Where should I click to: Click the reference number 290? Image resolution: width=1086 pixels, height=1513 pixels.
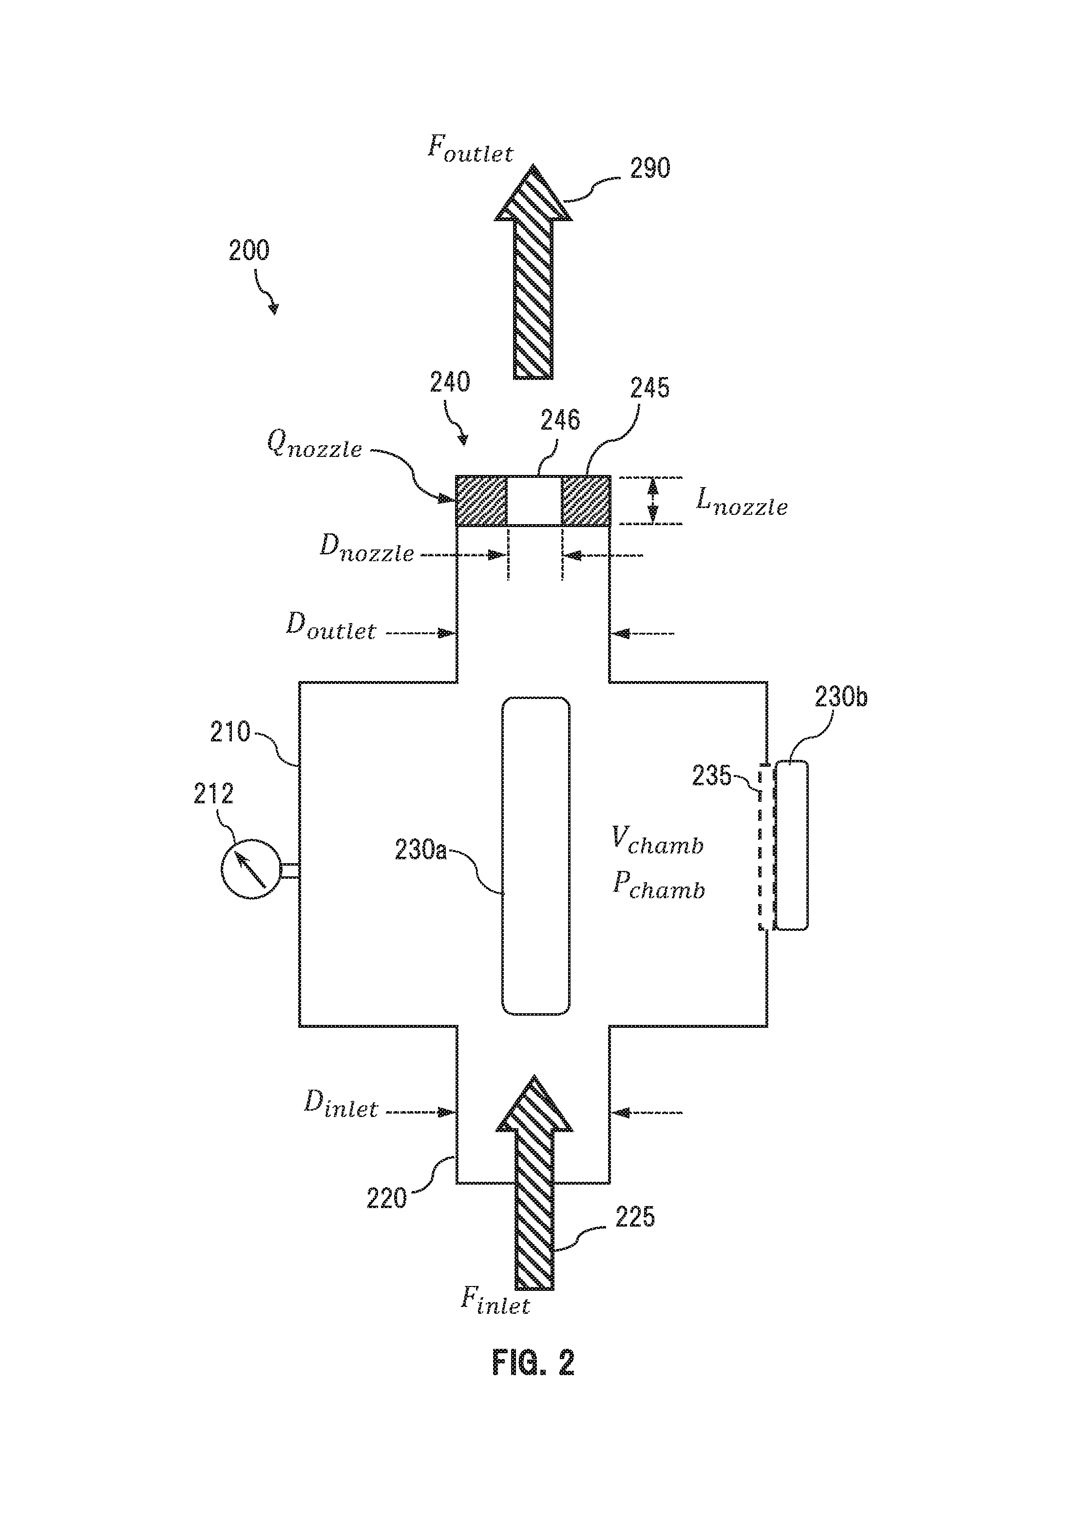click(x=650, y=168)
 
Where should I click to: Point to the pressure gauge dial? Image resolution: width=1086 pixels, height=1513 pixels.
click(x=251, y=869)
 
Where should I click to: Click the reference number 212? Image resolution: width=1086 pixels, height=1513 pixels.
click(x=213, y=794)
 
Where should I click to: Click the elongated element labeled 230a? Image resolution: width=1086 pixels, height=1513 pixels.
click(x=535, y=856)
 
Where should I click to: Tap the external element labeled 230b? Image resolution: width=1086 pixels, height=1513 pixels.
click(x=791, y=845)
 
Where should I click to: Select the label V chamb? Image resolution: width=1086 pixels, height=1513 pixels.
click(x=657, y=841)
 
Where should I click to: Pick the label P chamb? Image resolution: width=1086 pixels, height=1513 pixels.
click(x=658, y=887)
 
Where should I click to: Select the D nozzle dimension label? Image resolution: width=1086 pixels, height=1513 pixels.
click(x=367, y=548)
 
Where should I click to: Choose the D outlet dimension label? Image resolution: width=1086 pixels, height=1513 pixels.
click(x=331, y=626)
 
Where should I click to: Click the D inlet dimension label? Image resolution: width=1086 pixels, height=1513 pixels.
click(x=341, y=1104)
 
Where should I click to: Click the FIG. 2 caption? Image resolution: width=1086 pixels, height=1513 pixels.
click(x=533, y=1362)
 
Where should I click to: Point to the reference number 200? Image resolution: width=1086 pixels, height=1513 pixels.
click(x=249, y=251)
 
